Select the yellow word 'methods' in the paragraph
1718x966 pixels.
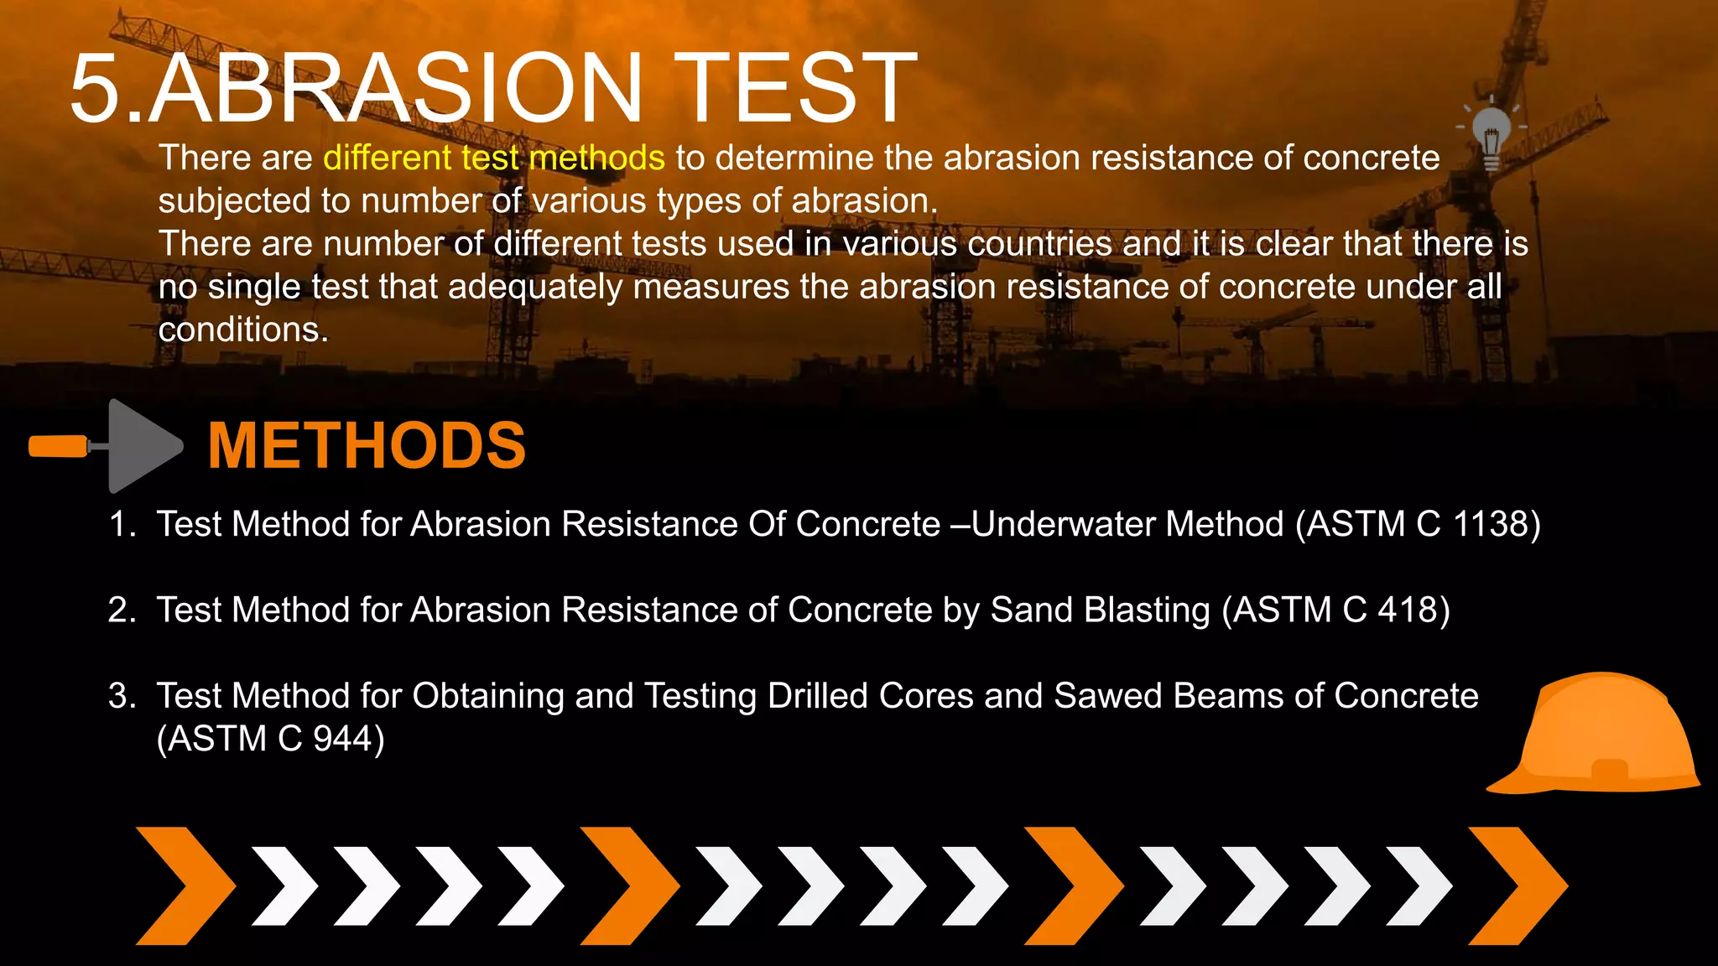[x=596, y=158]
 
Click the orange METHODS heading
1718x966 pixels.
[x=367, y=445]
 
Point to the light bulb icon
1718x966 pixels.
[x=1492, y=134]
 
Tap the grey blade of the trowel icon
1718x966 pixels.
[x=141, y=446]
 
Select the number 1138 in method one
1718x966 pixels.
[x=1491, y=524]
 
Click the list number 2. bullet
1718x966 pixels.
[x=122, y=610]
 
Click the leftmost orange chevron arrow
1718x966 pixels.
[x=185, y=885]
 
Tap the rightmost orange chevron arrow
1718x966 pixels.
[x=1518, y=885]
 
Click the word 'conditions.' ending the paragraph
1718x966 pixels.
[x=243, y=330]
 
